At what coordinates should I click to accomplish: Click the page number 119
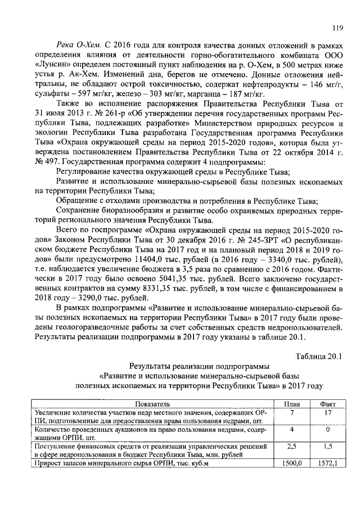(x=337, y=28)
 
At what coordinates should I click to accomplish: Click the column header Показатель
(x=152, y=403)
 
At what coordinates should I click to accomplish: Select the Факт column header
(x=327, y=403)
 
